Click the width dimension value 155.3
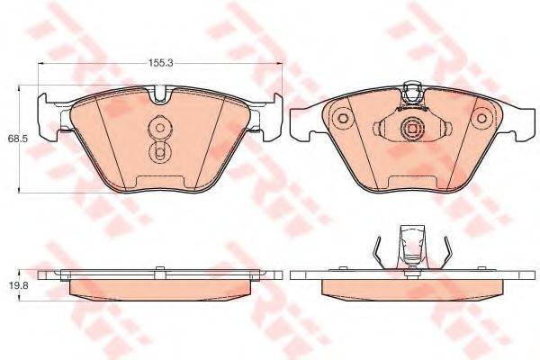point(160,64)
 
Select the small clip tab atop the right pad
point(413,90)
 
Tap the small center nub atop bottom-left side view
point(159,267)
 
